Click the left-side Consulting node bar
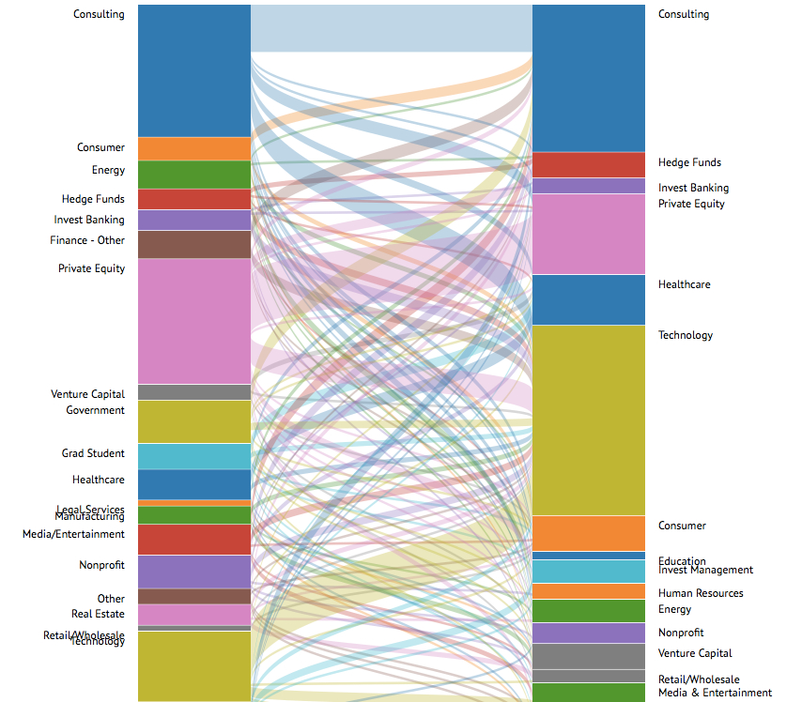point(194,70)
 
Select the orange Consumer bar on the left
point(194,148)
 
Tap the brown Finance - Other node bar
point(194,244)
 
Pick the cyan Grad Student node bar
point(194,456)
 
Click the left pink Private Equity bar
point(194,321)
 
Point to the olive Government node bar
point(194,421)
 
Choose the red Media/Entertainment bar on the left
point(194,540)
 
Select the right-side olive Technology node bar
point(589,420)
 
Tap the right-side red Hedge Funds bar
point(589,165)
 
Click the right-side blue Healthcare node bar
point(589,299)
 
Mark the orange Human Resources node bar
point(589,591)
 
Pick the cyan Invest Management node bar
point(589,572)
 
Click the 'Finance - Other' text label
point(87,241)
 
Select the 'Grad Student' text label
point(93,454)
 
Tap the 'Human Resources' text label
point(701,593)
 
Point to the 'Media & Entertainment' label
point(715,694)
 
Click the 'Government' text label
point(95,411)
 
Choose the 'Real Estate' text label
point(98,615)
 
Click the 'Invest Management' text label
point(705,571)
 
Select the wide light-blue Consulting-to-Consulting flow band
point(392,28)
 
